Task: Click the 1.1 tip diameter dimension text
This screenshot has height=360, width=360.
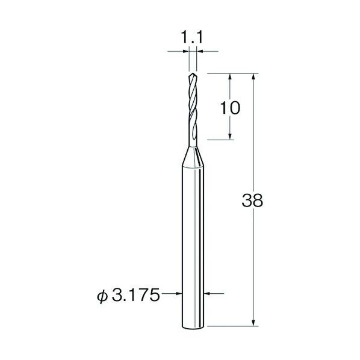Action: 192,37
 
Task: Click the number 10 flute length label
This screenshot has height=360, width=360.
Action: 230,108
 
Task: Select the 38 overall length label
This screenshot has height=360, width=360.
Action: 252,200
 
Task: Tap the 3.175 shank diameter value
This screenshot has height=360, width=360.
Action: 135,295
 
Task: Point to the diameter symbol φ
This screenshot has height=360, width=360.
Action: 102,296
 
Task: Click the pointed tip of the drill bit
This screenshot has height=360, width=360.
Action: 193,73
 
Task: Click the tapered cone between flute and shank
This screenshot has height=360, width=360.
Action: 193,157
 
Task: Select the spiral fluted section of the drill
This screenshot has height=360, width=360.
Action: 193,110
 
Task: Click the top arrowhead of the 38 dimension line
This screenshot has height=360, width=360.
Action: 253,76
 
